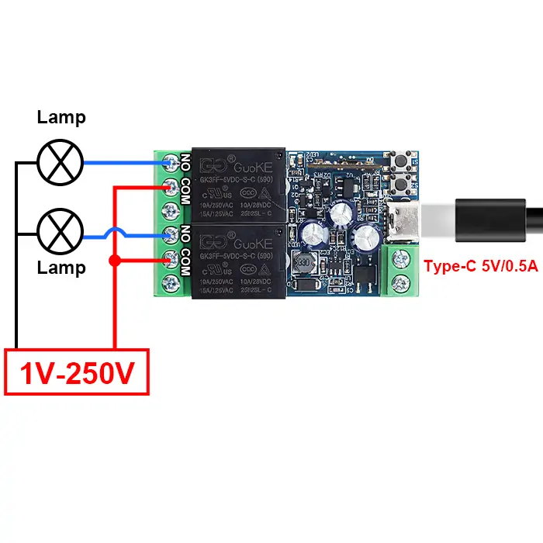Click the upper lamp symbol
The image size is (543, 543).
tap(61, 163)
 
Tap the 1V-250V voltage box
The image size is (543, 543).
tap(77, 374)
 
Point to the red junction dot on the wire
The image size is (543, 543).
tap(115, 259)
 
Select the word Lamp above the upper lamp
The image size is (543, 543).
tap(61, 118)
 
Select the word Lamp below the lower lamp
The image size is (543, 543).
tap(61, 268)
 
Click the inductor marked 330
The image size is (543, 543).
tap(303, 261)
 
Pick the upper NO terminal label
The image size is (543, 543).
tap(185, 162)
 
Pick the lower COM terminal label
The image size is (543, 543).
tap(185, 263)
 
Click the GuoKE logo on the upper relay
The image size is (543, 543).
tap(233, 165)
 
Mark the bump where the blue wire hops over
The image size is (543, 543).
tap(137, 233)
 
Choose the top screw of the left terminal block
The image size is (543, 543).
tap(171, 161)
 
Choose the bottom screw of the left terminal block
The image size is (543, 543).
tap(171, 282)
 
